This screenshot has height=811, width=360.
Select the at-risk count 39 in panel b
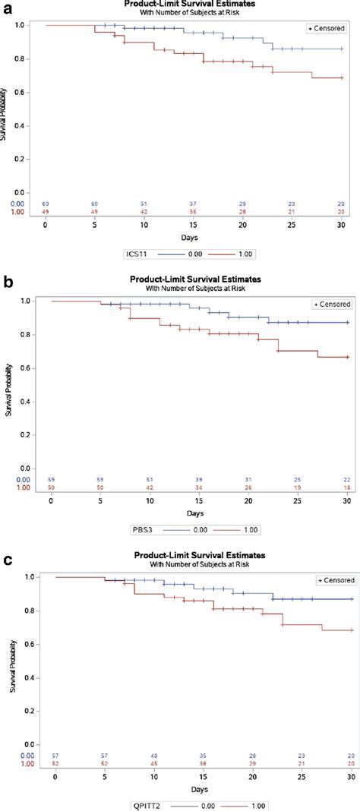coord(200,479)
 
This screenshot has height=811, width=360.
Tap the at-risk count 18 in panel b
coord(347,488)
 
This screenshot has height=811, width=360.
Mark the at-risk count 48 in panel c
coord(155,756)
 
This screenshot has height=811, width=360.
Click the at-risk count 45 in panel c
coord(155,763)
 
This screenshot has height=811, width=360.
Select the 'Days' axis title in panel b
coord(199,513)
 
